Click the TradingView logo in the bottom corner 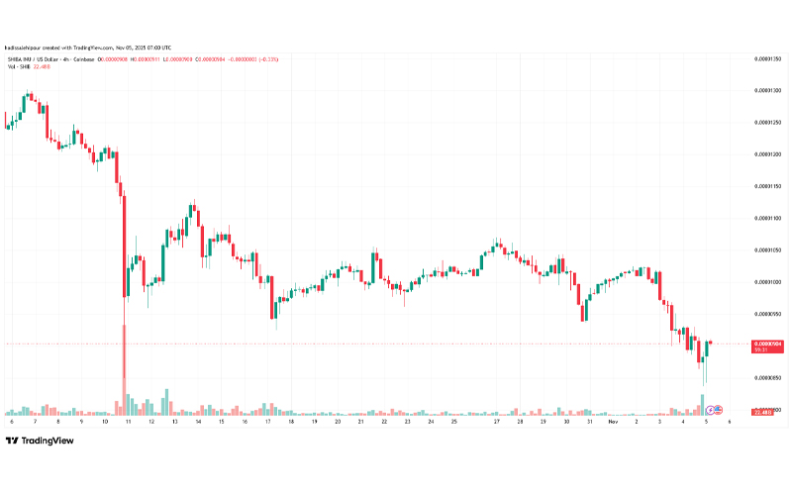[x=42, y=442]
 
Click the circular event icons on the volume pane [x=716, y=408]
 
